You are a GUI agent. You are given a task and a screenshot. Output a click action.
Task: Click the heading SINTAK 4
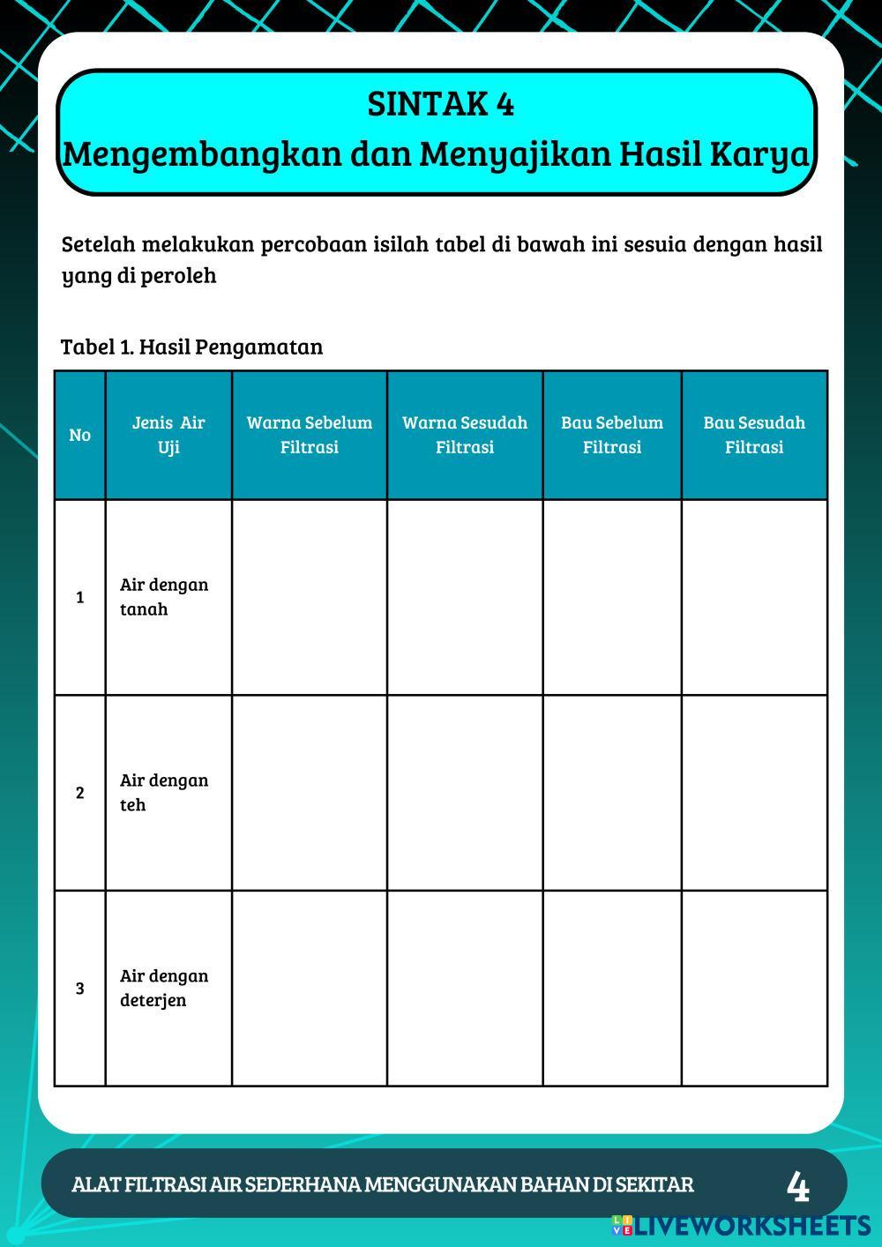tap(440, 104)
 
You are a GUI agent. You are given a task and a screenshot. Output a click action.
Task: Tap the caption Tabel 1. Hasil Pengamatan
tap(191, 347)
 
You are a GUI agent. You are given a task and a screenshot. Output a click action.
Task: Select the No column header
tap(79, 435)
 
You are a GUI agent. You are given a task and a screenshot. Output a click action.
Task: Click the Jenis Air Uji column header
tap(168, 435)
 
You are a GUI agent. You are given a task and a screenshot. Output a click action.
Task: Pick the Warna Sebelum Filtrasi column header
tap(310, 435)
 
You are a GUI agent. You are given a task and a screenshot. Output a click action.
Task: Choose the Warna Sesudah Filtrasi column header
tap(465, 435)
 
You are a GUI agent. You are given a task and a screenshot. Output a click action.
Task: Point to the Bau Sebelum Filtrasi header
tap(612, 435)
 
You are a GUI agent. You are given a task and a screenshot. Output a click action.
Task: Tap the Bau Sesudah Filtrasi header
tap(754, 435)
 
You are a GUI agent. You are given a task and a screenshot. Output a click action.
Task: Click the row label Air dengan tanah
tap(164, 597)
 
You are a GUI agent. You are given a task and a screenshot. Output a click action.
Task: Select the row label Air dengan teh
tap(164, 792)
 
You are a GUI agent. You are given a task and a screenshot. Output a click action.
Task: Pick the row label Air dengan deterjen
tap(164, 988)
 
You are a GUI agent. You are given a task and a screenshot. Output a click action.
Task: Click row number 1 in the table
tap(79, 597)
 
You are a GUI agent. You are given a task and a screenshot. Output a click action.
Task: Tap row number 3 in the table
tap(79, 988)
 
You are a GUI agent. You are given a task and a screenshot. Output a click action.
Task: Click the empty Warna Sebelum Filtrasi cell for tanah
tap(310, 597)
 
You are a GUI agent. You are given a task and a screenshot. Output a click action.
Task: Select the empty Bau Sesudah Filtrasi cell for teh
tap(754, 792)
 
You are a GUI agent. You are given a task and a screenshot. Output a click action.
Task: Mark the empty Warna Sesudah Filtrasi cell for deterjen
tap(465, 988)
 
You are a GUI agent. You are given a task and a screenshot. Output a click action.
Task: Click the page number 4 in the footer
tap(797, 1186)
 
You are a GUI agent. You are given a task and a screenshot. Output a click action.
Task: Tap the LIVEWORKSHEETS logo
tap(741, 1225)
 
